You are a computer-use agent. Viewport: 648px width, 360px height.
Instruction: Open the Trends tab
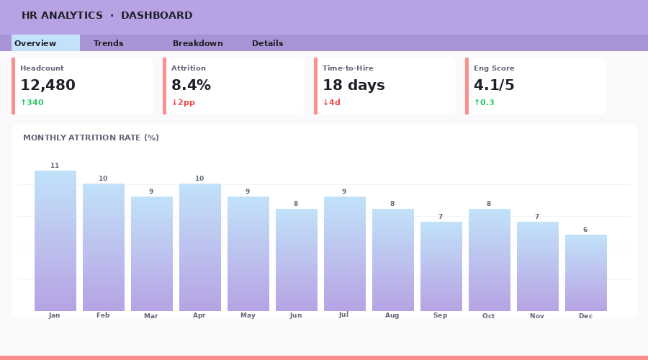tap(109, 43)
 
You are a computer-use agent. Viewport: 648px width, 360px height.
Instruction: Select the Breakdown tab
tap(198, 43)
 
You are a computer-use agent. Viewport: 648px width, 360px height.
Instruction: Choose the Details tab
tap(268, 43)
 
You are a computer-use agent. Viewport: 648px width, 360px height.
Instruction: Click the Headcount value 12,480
tap(48, 86)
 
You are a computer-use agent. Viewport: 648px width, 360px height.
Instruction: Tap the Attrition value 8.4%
tap(191, 86)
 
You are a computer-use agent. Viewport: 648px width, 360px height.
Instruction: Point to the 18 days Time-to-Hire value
tap(354, 86)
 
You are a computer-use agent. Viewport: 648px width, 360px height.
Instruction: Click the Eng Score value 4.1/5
tap(494, 86)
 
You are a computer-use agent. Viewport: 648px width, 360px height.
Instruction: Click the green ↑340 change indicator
tap(32, 103)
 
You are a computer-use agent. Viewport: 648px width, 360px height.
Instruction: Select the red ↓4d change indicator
tap(331, 103)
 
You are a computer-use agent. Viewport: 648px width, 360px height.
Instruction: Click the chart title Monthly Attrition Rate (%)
tap(91, 138)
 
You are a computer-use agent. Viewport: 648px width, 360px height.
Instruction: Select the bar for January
tap(55, 241)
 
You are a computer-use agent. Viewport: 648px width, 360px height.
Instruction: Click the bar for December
tap(586, 273)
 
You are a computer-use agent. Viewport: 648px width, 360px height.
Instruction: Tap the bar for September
tap(441, 266)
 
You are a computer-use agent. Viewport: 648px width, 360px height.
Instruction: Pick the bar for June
tap(297, 260)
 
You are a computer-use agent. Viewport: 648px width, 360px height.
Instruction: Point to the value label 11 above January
tap(55, 166)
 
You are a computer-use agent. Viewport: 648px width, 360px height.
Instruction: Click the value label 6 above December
tap(585, 230)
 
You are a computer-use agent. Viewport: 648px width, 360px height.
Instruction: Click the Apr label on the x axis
tap(199, 315)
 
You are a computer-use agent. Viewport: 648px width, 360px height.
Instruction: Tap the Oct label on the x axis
tap(489, 316)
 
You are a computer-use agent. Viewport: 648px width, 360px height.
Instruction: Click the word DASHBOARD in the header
tap(156, 16)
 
